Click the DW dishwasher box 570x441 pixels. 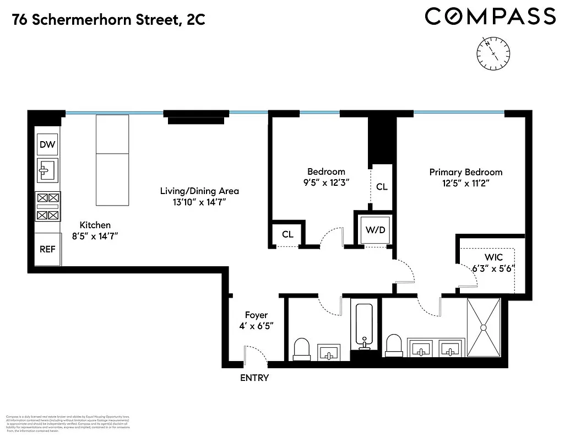47,145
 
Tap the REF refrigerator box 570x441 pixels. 47,249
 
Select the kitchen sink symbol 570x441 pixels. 47,170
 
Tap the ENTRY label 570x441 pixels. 254,378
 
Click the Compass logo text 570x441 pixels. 490,17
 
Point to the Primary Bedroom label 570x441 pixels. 466,172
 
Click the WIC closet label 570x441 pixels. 494,257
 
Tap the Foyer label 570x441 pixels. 256,315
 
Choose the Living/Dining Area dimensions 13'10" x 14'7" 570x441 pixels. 199,202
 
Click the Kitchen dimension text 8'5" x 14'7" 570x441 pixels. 95,236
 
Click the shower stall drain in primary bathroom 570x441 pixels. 484,327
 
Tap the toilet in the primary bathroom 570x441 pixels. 394,345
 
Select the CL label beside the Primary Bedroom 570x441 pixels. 382,187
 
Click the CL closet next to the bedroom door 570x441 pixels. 287,234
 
